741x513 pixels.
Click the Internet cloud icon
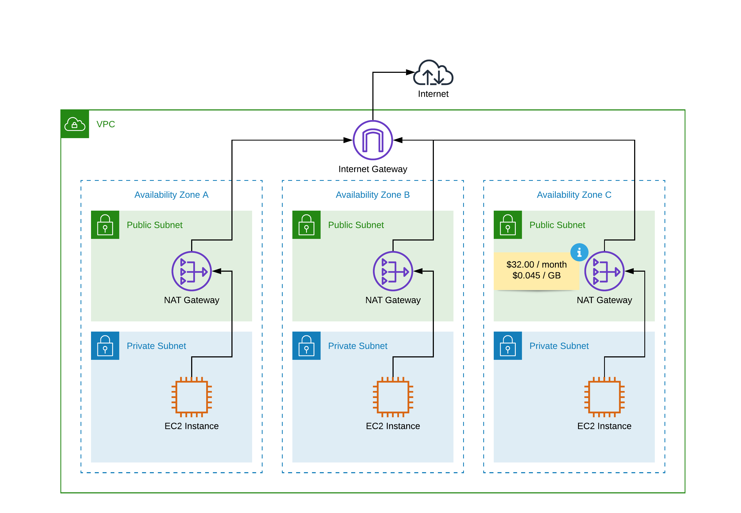click(433, 73)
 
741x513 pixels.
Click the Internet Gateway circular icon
click(372, 140)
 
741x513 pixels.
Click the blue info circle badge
click(579, 252)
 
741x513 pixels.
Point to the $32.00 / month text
click(536, 264)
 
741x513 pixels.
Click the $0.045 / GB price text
click(536, 275)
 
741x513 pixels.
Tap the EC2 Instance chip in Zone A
click(191, 397)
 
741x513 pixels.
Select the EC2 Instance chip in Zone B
click(393, 397)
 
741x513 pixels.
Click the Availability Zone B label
click(372, 195)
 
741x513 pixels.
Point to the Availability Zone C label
click(574, 195)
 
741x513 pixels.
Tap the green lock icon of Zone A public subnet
click(105, 225)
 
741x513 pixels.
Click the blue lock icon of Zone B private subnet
click(306, 346)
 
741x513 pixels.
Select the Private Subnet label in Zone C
click(559, 346)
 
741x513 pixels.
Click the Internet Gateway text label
click(372, 169)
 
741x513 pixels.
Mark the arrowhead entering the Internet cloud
click(410, 72)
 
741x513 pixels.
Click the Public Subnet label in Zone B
click(355, 225)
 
